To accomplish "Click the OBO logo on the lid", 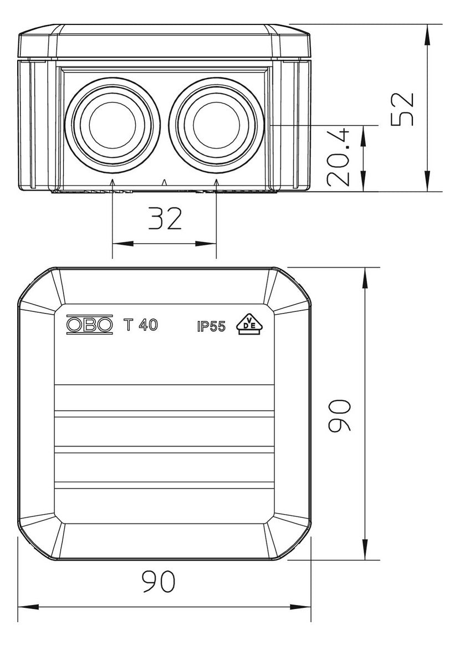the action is [x=89, y=325].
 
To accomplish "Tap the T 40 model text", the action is [x=141, y=325].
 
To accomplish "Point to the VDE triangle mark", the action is [x=249, y=325].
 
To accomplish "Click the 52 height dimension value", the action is [x=402, y=109].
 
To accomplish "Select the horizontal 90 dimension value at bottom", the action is [x=159, y=582].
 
